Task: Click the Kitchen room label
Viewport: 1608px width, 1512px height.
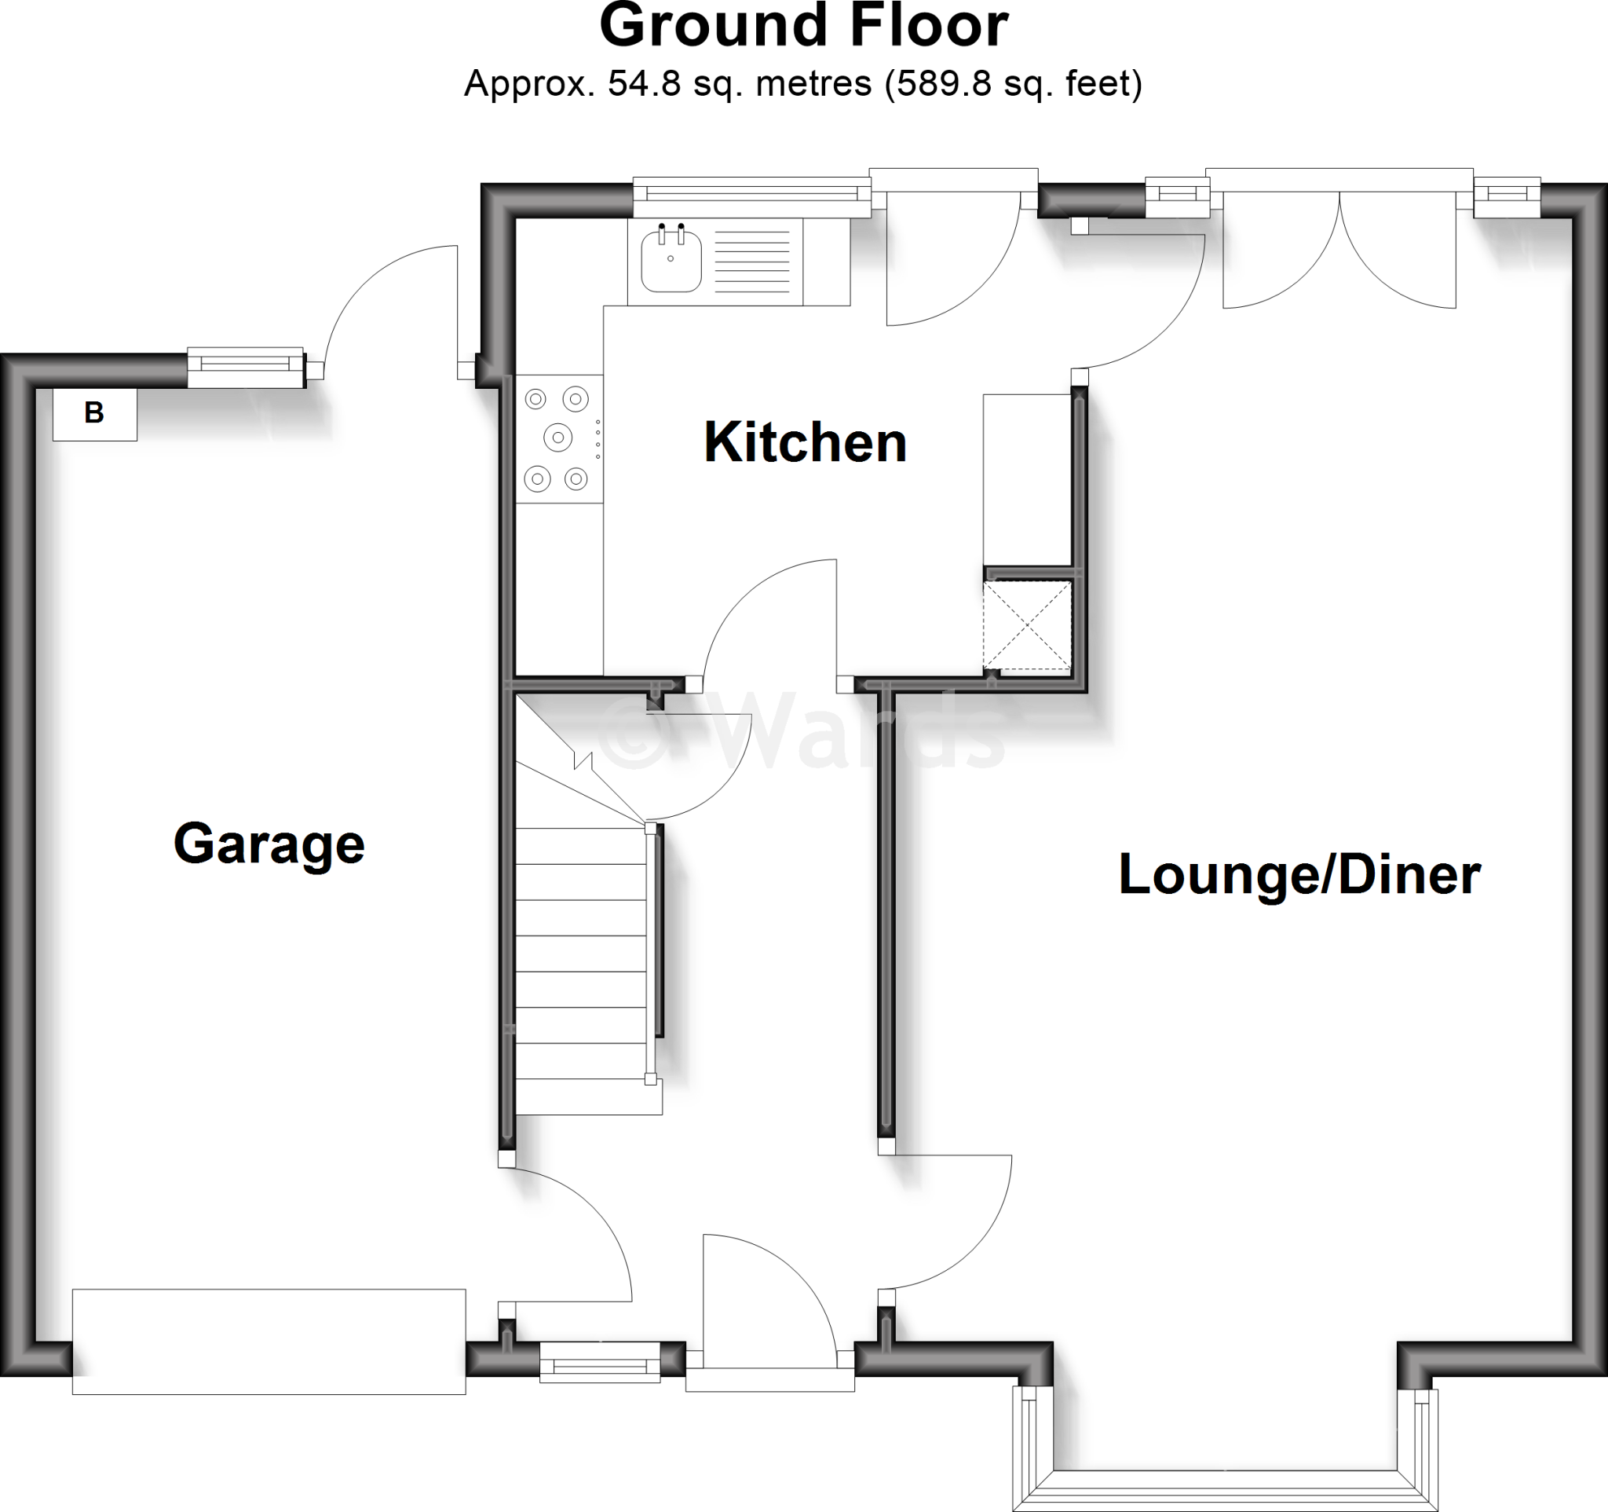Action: tap(805, 443)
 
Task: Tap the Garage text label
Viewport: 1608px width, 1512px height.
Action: tap(269, 844)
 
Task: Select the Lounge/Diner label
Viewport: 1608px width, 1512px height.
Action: tap(1299, 874)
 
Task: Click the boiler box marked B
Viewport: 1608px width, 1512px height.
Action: tap(95, 414)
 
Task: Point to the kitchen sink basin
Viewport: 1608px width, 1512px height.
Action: tap(671, 261)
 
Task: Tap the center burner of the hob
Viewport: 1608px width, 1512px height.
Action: tap(557, 437)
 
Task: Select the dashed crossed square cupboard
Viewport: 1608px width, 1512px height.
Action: tap(1026, 625)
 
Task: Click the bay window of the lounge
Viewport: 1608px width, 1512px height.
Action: tap(1226, 1488)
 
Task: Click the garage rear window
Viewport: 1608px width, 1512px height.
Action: tap(246, 366)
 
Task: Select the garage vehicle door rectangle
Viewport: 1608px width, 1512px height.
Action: tap(269, 1342)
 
